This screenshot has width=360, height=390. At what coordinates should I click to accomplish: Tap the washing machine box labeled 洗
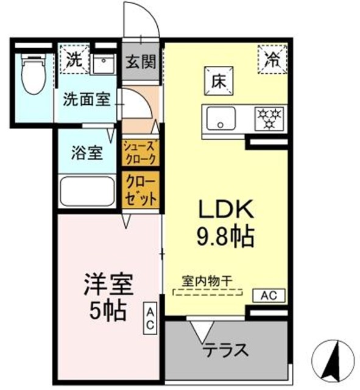(x=74, y=60)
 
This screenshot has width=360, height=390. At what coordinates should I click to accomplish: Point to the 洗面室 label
(x=85, y=99)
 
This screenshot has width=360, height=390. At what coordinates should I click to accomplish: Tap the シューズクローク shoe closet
(x=141, y=152)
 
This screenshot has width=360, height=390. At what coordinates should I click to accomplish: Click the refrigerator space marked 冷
(x=272, y=58)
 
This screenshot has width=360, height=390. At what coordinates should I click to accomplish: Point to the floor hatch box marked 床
(x=218, y=83)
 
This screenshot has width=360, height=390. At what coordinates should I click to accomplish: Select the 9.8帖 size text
(x=224, y=236)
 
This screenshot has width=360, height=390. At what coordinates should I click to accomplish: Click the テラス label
(x=225, y=351)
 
